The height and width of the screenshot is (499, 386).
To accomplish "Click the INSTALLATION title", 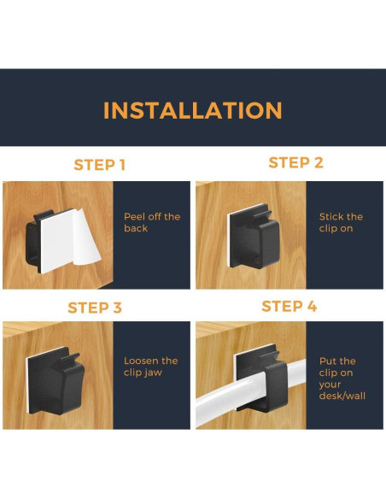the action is pyautogui.click(x=193, y=110).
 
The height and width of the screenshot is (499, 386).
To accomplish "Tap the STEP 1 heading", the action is pyautogui.click(x=100, y=165).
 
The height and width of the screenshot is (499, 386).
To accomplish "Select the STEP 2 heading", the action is pyautogui.click(x=295, y=162).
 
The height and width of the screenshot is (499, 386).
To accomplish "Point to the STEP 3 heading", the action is pyautogui.click(x=95, y=308).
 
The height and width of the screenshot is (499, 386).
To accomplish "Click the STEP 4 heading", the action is pyautogui.click(x=289, y=306).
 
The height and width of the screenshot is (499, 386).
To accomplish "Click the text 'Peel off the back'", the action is pyautogui.click(x=152, y=222).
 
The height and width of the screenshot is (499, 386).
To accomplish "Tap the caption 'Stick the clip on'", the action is pyautogui.click(x=341, y=222).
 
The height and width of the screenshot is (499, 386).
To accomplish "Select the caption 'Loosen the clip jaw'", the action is pyautogui.click(x=150, y=367).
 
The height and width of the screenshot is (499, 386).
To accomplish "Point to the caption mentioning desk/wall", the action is pyautogui.click(x=342, y=379).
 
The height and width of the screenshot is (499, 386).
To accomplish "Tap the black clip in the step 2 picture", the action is pyautogui.click(x=254, y=236).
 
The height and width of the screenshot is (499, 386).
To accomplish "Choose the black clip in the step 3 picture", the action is pyautogui.click(x=56, y=380).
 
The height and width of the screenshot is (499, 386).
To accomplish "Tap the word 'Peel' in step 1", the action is pyautogui.click(x=133, y=217).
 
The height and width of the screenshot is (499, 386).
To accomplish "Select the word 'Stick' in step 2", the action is pyautogui.click(x=330, y=217).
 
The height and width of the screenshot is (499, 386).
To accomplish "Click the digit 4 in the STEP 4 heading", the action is pyautogui.click(x=312, y=306).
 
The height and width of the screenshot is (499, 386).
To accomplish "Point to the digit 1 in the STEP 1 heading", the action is pyautogui.click(x=122, y=165).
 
